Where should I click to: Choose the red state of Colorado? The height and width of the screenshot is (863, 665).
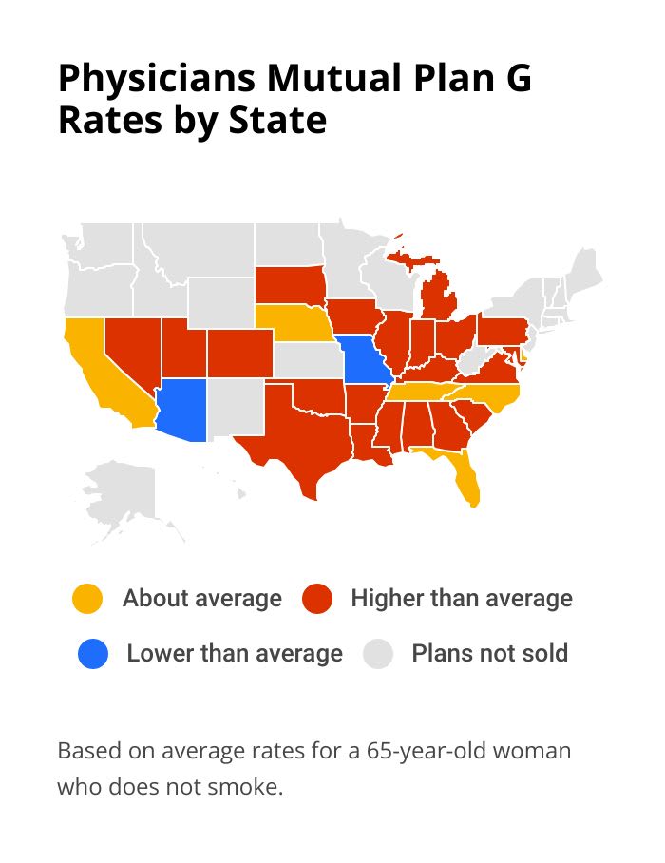pos(238,354)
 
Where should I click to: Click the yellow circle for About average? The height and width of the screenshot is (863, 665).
pos(87,599)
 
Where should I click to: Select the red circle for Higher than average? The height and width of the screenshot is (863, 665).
pos(316,599)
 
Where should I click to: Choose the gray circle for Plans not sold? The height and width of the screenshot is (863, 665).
pos(380,654)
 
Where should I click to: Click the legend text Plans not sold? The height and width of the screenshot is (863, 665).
pos(489,654)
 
